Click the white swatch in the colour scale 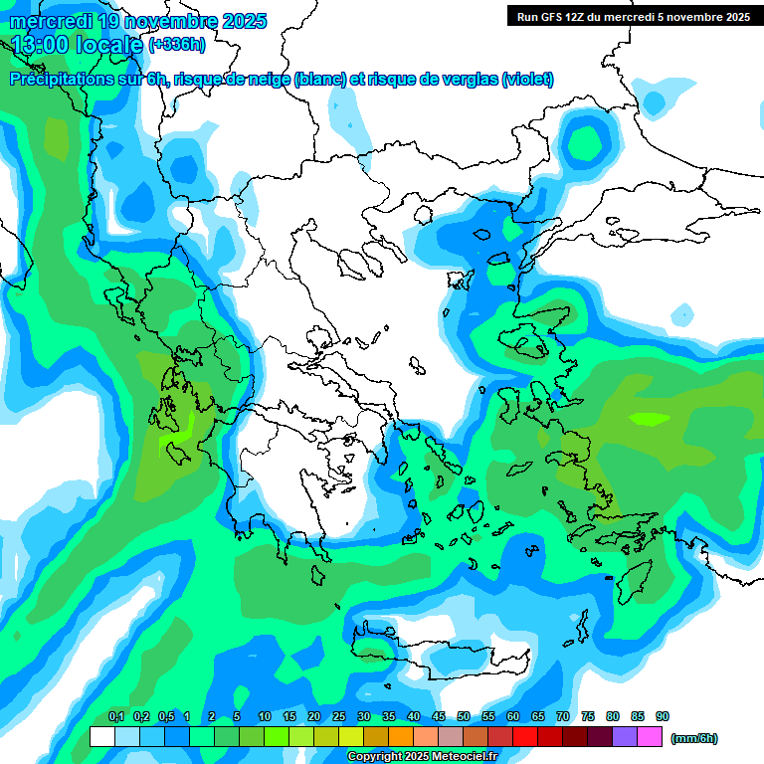[101, 736]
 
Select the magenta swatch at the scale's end [650, 736]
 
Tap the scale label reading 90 [663, 716]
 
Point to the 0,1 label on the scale [115, 716]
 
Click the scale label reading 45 [439, 716]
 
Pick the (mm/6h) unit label [694, 738]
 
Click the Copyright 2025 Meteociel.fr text [422, 757]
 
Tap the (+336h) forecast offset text [177, 44]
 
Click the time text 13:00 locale [78, 44]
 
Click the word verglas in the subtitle [469, 80]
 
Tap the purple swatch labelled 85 [625, 736]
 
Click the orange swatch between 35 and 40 [401, 736]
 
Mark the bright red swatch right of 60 [525, 736]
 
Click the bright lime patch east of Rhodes [650, 419]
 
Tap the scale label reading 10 [265, 716]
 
